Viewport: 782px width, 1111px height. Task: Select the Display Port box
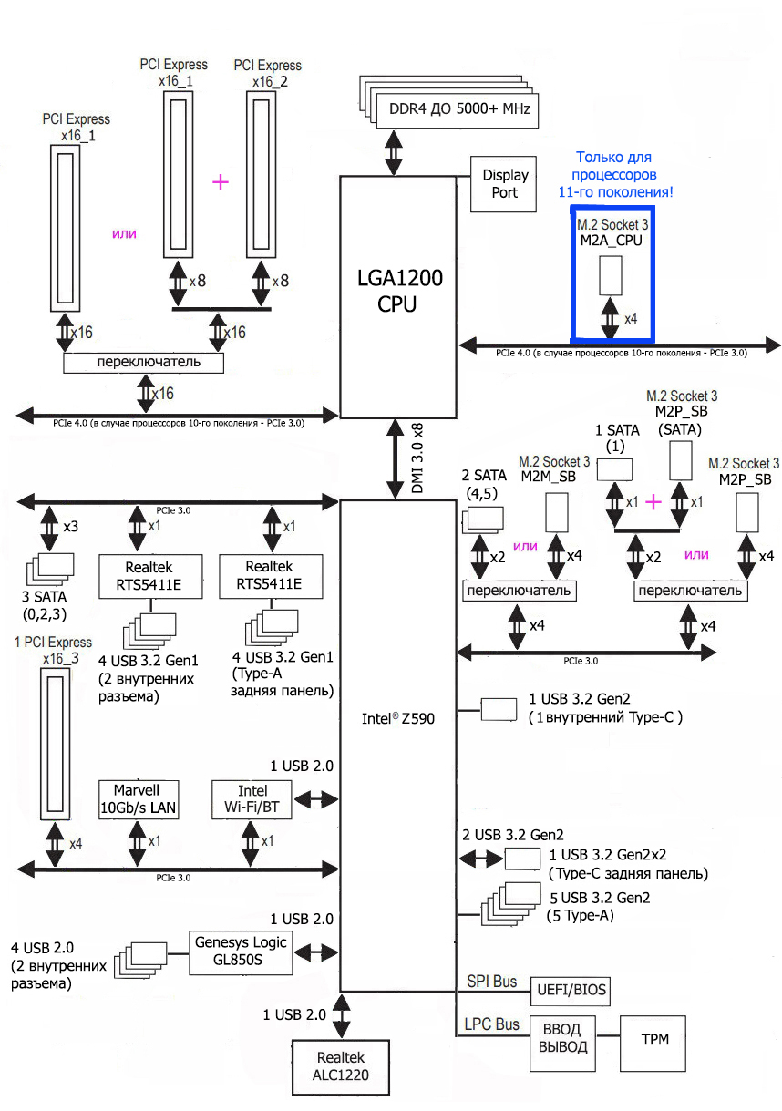[x=499, y=183]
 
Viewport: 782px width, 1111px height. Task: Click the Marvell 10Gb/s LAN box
[x=139, y=799]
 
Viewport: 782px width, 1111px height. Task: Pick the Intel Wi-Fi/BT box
[x=252, y=799]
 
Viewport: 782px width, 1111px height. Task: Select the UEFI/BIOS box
[x=572, y=990]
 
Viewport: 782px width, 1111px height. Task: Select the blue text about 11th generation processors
[x=612, y=174]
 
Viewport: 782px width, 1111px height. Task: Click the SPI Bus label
[x=491, y=982]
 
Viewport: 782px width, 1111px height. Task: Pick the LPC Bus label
[x=493, y=1024]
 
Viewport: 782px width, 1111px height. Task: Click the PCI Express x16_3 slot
[x=55, y=742]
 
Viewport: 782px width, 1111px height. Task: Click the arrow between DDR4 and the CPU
[x=394, y=151]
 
